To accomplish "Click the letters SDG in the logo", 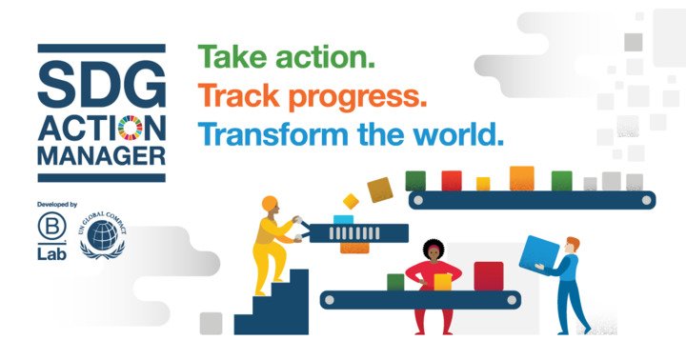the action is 102,83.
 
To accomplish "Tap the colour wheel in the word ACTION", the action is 131,129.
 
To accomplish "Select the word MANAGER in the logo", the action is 102,156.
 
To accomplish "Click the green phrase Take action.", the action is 287,57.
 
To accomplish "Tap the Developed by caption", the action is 57,204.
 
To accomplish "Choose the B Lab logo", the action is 51,236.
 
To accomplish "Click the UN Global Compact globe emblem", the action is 102,235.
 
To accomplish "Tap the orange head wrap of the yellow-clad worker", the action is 270,203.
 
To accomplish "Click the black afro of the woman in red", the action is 434,248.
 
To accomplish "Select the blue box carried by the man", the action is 539,252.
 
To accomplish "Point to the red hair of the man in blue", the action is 574,242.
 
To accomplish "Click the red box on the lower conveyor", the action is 489,276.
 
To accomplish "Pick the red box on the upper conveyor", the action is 452,181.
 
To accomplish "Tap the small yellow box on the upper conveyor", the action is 483,184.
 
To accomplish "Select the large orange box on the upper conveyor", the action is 522,178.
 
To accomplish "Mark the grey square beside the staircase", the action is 211,324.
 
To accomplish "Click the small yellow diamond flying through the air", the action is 351,201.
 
